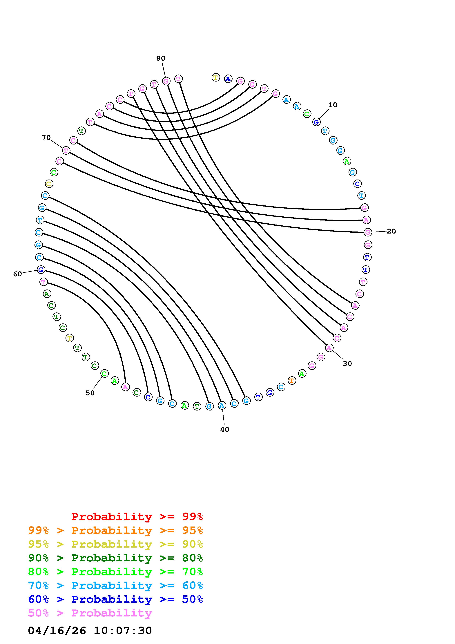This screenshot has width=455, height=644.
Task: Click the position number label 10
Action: (x=333, y=105)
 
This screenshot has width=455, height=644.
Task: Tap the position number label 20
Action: (x=391, y=231)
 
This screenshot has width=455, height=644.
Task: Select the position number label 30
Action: (x=347, y=363)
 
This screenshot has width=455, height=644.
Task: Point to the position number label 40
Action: (x=224, y=429)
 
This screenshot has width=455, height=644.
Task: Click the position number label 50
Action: (x=90, y=393)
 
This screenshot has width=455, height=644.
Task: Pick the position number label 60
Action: (x=17, y=274)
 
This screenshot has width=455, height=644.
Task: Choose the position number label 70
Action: (x=46, y=138)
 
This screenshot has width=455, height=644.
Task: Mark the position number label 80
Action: (x=161, y=58)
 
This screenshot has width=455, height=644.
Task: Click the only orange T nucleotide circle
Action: (x=292, y=381)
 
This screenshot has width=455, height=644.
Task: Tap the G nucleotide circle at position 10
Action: (x=316, y=122)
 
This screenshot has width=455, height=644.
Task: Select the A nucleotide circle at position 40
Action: (x=222, y=405)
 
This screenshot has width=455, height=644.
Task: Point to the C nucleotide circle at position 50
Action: (x=104, y=374)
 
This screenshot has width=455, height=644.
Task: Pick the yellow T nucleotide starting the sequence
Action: (x=216, y=77)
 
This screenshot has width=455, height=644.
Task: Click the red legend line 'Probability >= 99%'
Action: (x=137, y=517)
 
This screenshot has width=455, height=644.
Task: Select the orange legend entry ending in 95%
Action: (x=115, y=530)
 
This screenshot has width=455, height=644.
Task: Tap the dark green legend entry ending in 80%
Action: (x=115, y=558)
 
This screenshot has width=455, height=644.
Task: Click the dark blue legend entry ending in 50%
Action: (x=115, y=599)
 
